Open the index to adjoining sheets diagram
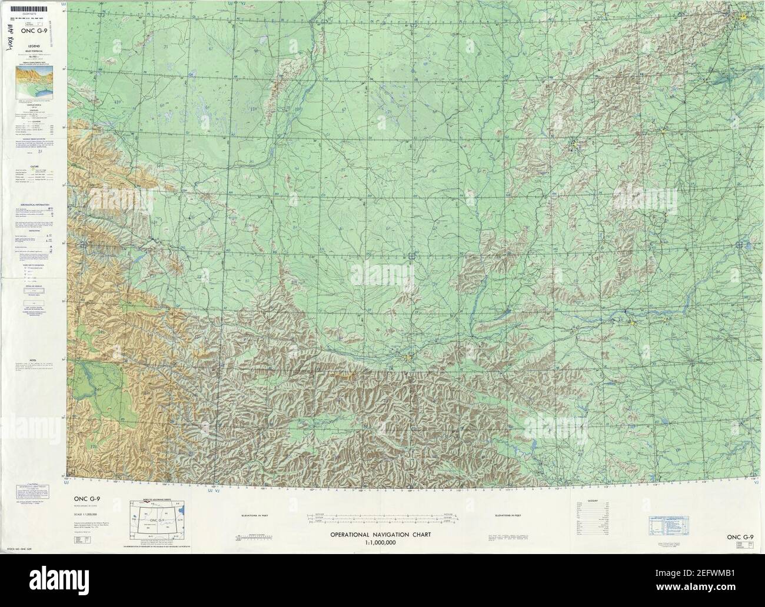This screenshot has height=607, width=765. point(157,523)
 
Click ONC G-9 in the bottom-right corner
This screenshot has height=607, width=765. point(740,537)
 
